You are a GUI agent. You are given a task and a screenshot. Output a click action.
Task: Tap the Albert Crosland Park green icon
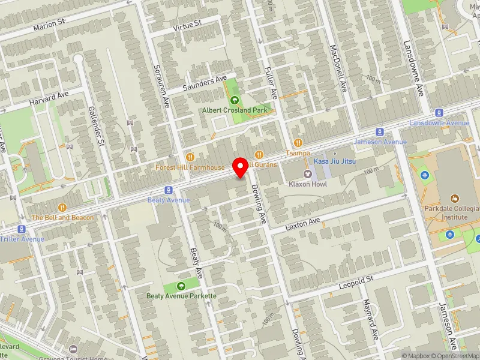coord(234,100)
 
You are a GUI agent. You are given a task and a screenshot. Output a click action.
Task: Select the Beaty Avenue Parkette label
coord(181,296)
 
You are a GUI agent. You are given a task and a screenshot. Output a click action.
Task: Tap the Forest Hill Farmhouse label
coord(190,167)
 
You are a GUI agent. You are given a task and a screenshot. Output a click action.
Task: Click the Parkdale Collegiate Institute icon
coord(454,197)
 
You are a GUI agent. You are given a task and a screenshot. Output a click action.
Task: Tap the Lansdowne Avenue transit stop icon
coord(440,112)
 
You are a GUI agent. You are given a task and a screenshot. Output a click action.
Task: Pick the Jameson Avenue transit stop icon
coord(380,132)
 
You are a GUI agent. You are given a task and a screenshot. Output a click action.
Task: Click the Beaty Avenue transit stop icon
coord(169,190)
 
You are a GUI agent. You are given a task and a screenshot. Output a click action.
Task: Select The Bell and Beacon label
coord(62,217)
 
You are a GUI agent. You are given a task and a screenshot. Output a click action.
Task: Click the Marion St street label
coord(49,25)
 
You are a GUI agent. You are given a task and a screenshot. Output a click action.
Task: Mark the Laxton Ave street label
coord(304,223)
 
